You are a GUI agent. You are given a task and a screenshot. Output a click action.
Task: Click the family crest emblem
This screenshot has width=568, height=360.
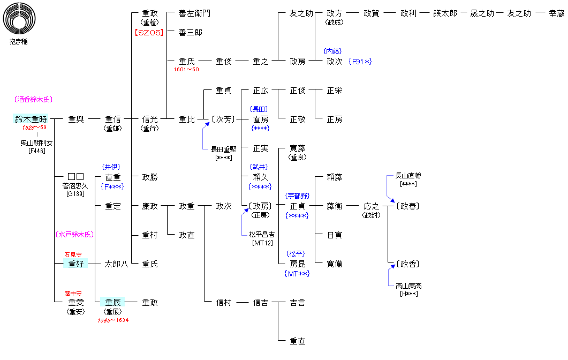pyautogui.click(x=18, y=19)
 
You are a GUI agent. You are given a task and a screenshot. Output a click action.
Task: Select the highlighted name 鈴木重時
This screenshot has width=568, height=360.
pyautogui.click(x=31, y=119)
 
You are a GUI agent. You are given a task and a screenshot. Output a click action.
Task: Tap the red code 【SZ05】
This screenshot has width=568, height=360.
pyautogui.click(x=148, y=32)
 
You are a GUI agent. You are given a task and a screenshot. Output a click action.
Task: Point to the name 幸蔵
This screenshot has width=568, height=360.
pyautogui.click(x=556, y=13)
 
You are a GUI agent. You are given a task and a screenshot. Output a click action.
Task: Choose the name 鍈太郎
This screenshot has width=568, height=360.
pyautogui.click(x=445, y=13)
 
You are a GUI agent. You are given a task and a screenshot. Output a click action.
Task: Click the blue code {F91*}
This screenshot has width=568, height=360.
pyautogui.click(x=360, y=62)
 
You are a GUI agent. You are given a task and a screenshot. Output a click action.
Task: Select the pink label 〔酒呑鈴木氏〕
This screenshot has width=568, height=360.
pyautogui.click(x=33, y=100)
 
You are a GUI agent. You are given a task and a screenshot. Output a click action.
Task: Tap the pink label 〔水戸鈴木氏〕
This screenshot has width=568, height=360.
pyautogui.click(x=74, y=234)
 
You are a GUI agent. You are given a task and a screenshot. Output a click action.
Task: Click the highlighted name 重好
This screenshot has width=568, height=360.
pyautogui.click(x=76, y=264)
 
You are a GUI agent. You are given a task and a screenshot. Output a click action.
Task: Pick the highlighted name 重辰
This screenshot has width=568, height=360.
pyautogui.click(x=113, y=302)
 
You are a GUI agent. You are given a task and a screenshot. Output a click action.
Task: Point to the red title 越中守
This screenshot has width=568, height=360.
pyautogui.click(x=73, y=293)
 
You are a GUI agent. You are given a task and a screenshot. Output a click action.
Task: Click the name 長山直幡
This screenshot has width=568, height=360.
pyautogui.click(x=408, y=175)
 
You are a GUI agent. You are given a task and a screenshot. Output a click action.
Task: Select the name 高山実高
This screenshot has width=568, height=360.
pyautogui.click(x=408, y=286)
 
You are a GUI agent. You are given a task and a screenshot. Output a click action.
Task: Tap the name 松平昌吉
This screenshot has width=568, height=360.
pyautogui.click(x=261, y=234)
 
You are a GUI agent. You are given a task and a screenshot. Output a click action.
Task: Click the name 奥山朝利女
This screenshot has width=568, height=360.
pyautogui.click(x=37, y=143)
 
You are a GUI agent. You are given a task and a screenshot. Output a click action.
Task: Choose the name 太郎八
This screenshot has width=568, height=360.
pyautogui.click(x=116, y=264)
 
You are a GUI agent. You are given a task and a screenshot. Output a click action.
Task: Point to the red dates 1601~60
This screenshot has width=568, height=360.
pyautogui.click(x=186, y=70)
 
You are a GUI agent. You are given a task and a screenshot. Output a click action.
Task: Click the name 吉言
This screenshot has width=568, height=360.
pyautogui.click(x=298, y=303)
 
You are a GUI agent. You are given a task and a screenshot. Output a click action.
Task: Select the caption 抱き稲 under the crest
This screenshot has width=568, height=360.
pyautogui.click(x=18, y=41)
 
